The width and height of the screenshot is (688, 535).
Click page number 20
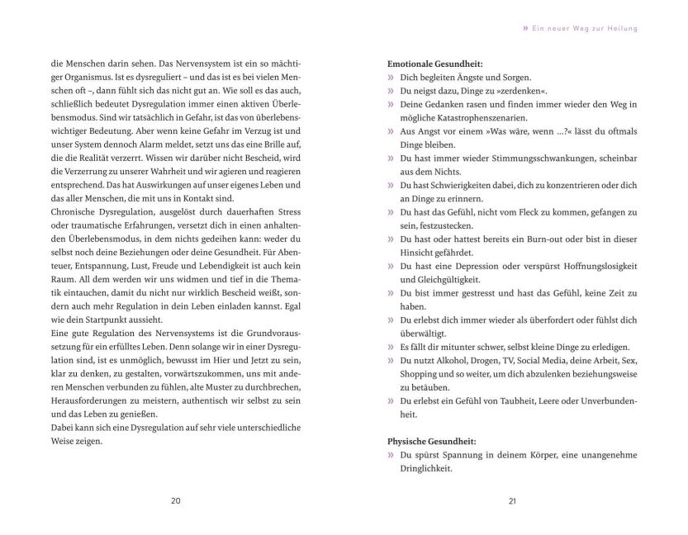pos(175,500)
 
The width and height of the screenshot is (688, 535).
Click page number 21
pos(512,500)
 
